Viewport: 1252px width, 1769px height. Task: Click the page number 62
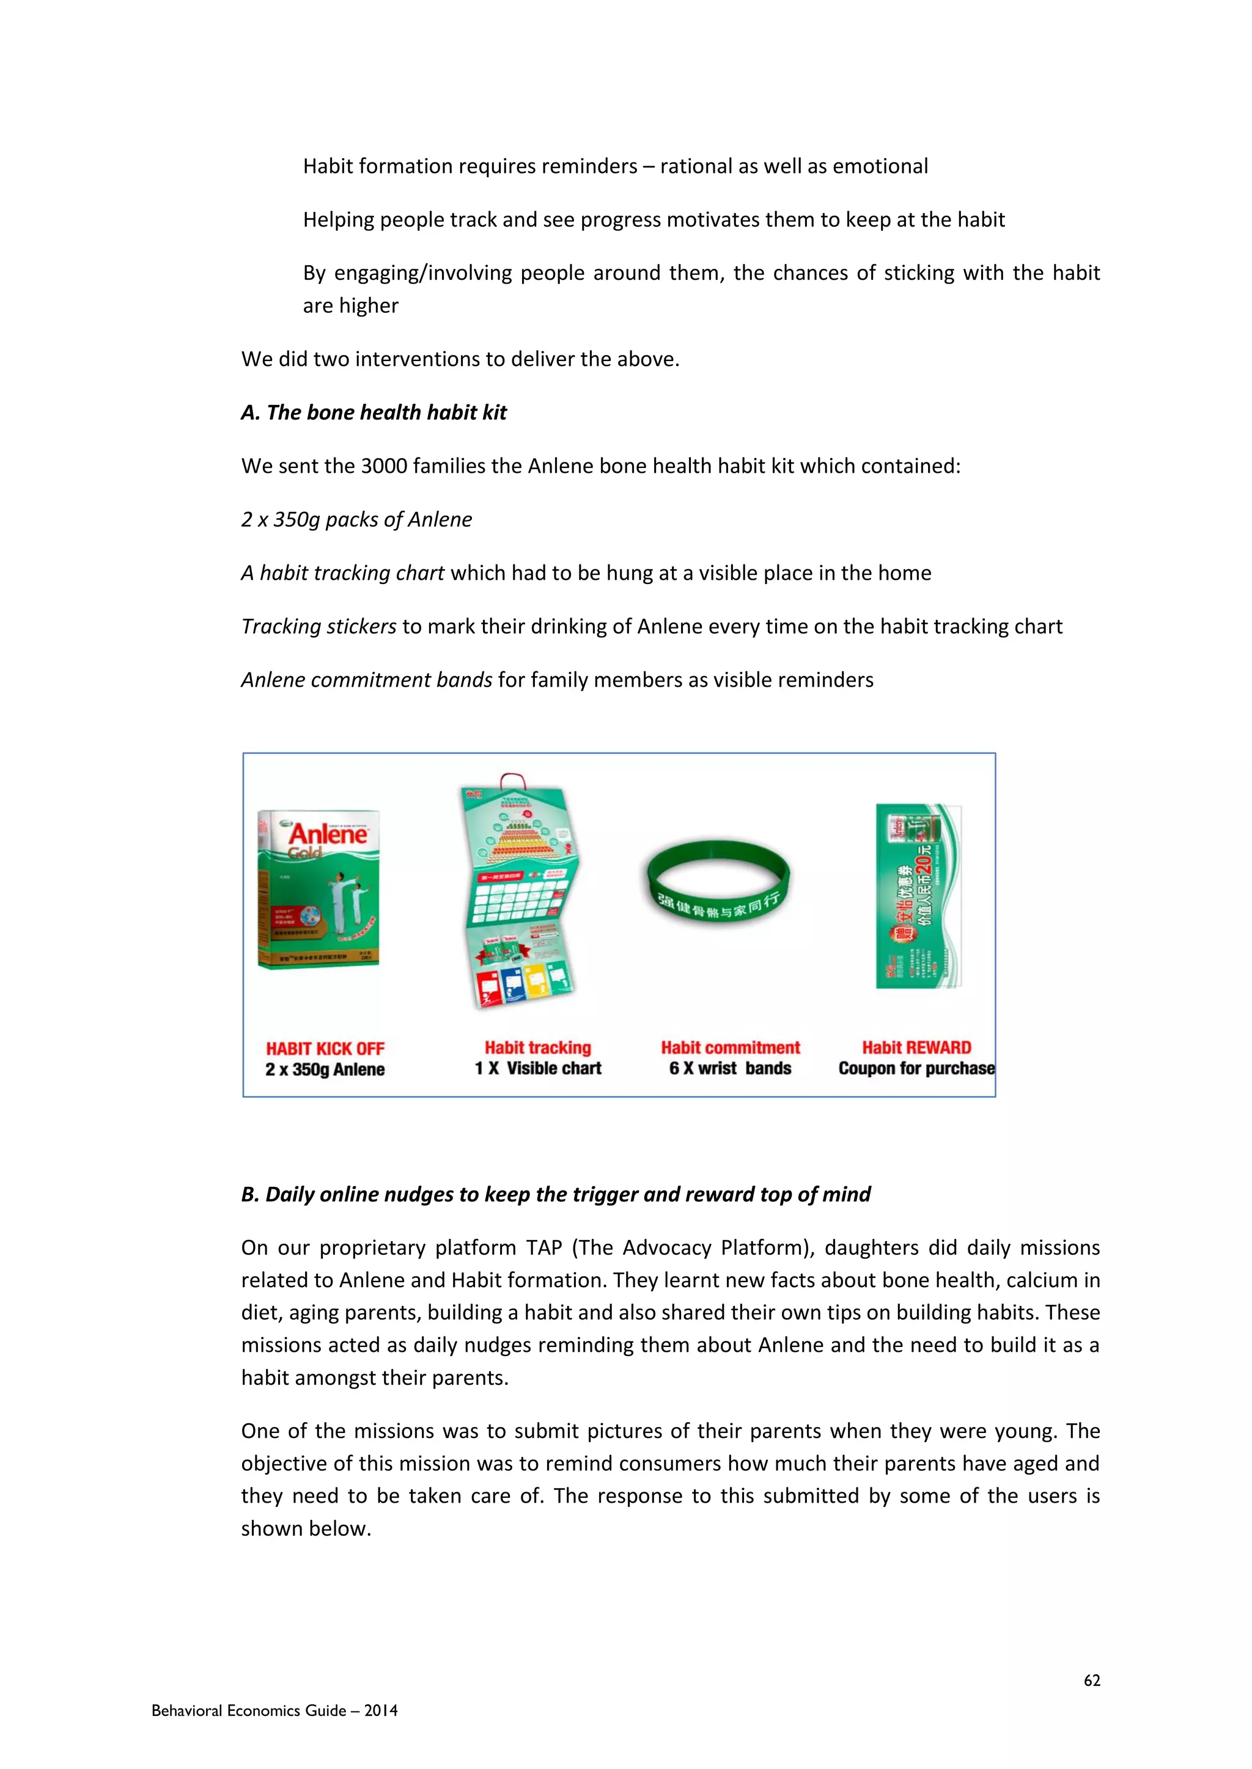(1092, 1680)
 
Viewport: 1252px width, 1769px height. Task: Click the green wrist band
(718, 882)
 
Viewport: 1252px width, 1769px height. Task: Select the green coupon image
(918, 895)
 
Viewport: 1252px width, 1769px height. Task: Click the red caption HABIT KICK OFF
(325, 1049)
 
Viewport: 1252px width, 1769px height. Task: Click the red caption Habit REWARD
(916, 1047)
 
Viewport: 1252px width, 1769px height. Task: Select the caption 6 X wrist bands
(729, 1068)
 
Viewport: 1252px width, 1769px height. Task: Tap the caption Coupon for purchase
(916, 1068)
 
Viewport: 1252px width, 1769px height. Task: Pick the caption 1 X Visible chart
(537, 1068)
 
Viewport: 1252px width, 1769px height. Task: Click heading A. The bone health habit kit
(374, 412)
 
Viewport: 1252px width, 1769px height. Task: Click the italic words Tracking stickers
(319, 626)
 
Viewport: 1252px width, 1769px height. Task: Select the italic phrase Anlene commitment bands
(367, 679)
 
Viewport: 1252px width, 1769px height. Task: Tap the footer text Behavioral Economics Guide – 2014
(274, 1710)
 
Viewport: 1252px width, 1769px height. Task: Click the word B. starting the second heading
(250, 1194)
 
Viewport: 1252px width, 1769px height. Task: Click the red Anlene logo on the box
(328, 834)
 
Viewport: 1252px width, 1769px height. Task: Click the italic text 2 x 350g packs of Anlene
(356, 519)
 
